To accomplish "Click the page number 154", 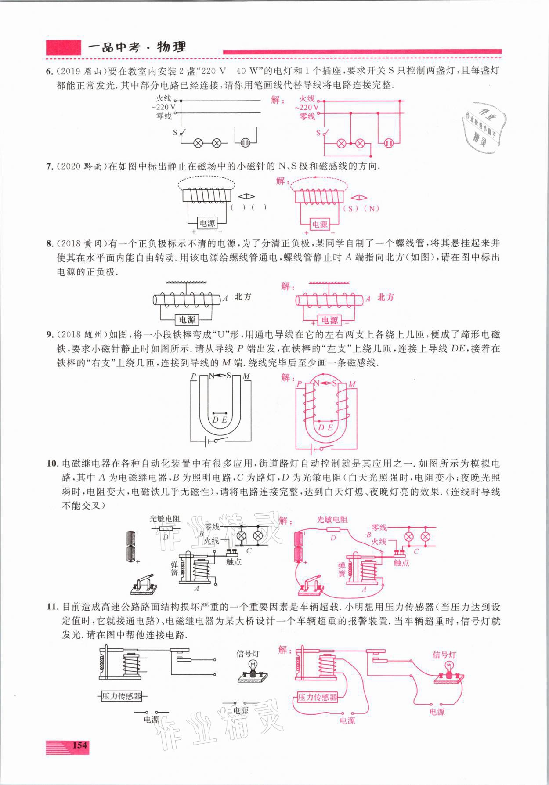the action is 79,745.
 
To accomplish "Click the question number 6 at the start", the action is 49,70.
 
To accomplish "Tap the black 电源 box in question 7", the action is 207,223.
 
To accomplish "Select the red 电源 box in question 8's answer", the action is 330,320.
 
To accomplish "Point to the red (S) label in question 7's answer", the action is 350,209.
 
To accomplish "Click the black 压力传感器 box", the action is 122,696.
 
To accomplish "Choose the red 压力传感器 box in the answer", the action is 318,697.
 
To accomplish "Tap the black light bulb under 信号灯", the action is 253,666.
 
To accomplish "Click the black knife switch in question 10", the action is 144,583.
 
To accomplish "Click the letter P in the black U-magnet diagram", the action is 193,376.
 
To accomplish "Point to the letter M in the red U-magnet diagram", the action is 352,384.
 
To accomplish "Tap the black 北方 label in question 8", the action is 243,297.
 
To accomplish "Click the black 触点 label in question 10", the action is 234,561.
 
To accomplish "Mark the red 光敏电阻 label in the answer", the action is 332,519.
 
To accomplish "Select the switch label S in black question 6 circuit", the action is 175,132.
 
